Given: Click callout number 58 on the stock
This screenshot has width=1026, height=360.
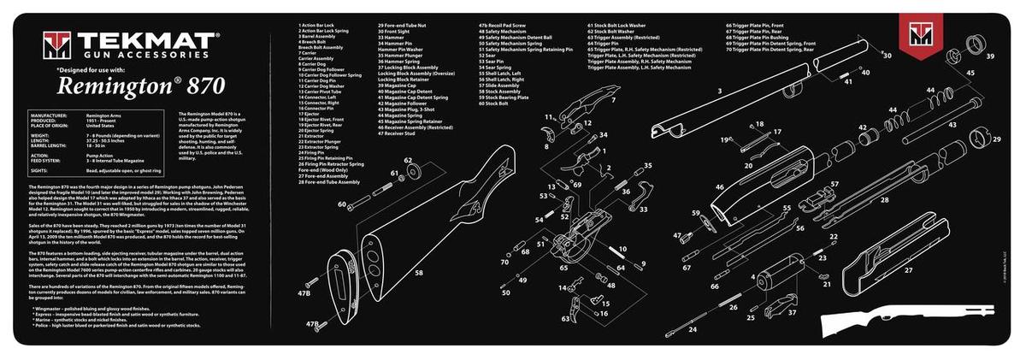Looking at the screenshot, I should [419, 273].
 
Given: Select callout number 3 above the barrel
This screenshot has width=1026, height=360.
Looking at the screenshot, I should [720, 91].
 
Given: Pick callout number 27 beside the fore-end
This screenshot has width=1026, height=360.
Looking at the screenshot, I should [908, 269].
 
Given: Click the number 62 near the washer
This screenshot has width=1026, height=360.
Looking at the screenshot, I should [408, 160].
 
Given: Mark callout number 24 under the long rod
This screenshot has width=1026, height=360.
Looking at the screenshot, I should [693, 328].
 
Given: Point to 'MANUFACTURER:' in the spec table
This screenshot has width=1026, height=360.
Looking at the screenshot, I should [49, 114].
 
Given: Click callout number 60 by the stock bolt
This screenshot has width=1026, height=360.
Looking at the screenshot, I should [341, 205].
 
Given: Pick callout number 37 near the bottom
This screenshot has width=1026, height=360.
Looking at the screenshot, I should [792, 312].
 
